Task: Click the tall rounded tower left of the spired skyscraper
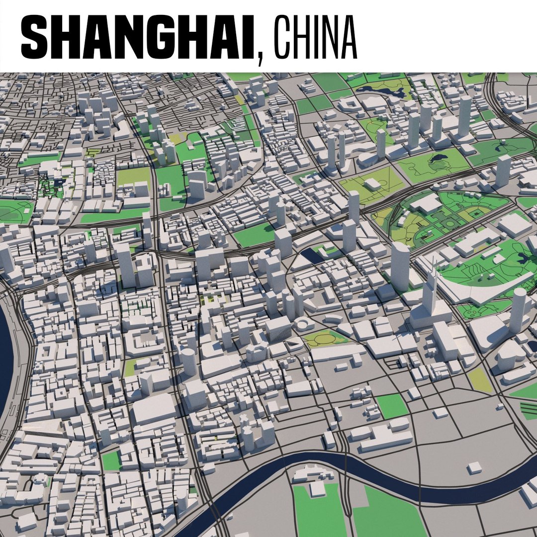[400, 266]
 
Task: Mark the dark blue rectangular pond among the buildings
[311, 257]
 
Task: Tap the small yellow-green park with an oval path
[325, 339]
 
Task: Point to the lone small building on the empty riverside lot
[475, 467]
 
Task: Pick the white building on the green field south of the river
[317, 490]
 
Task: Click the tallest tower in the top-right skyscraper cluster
[464, 117]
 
